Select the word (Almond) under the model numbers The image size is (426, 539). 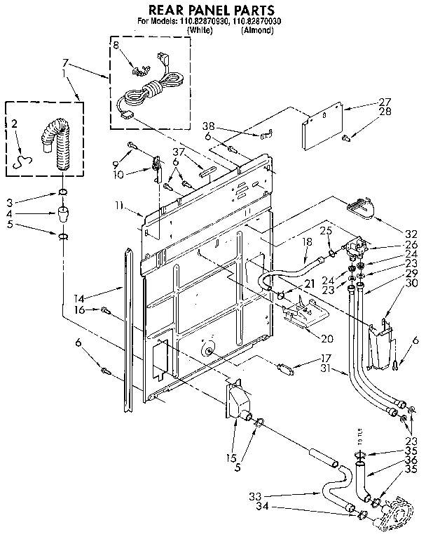click(x=257, y=32)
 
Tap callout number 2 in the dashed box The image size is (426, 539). click(x=15, y=124)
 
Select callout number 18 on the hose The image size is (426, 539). click(x=306, y=241)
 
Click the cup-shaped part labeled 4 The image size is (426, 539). click(x=62, y=213)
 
